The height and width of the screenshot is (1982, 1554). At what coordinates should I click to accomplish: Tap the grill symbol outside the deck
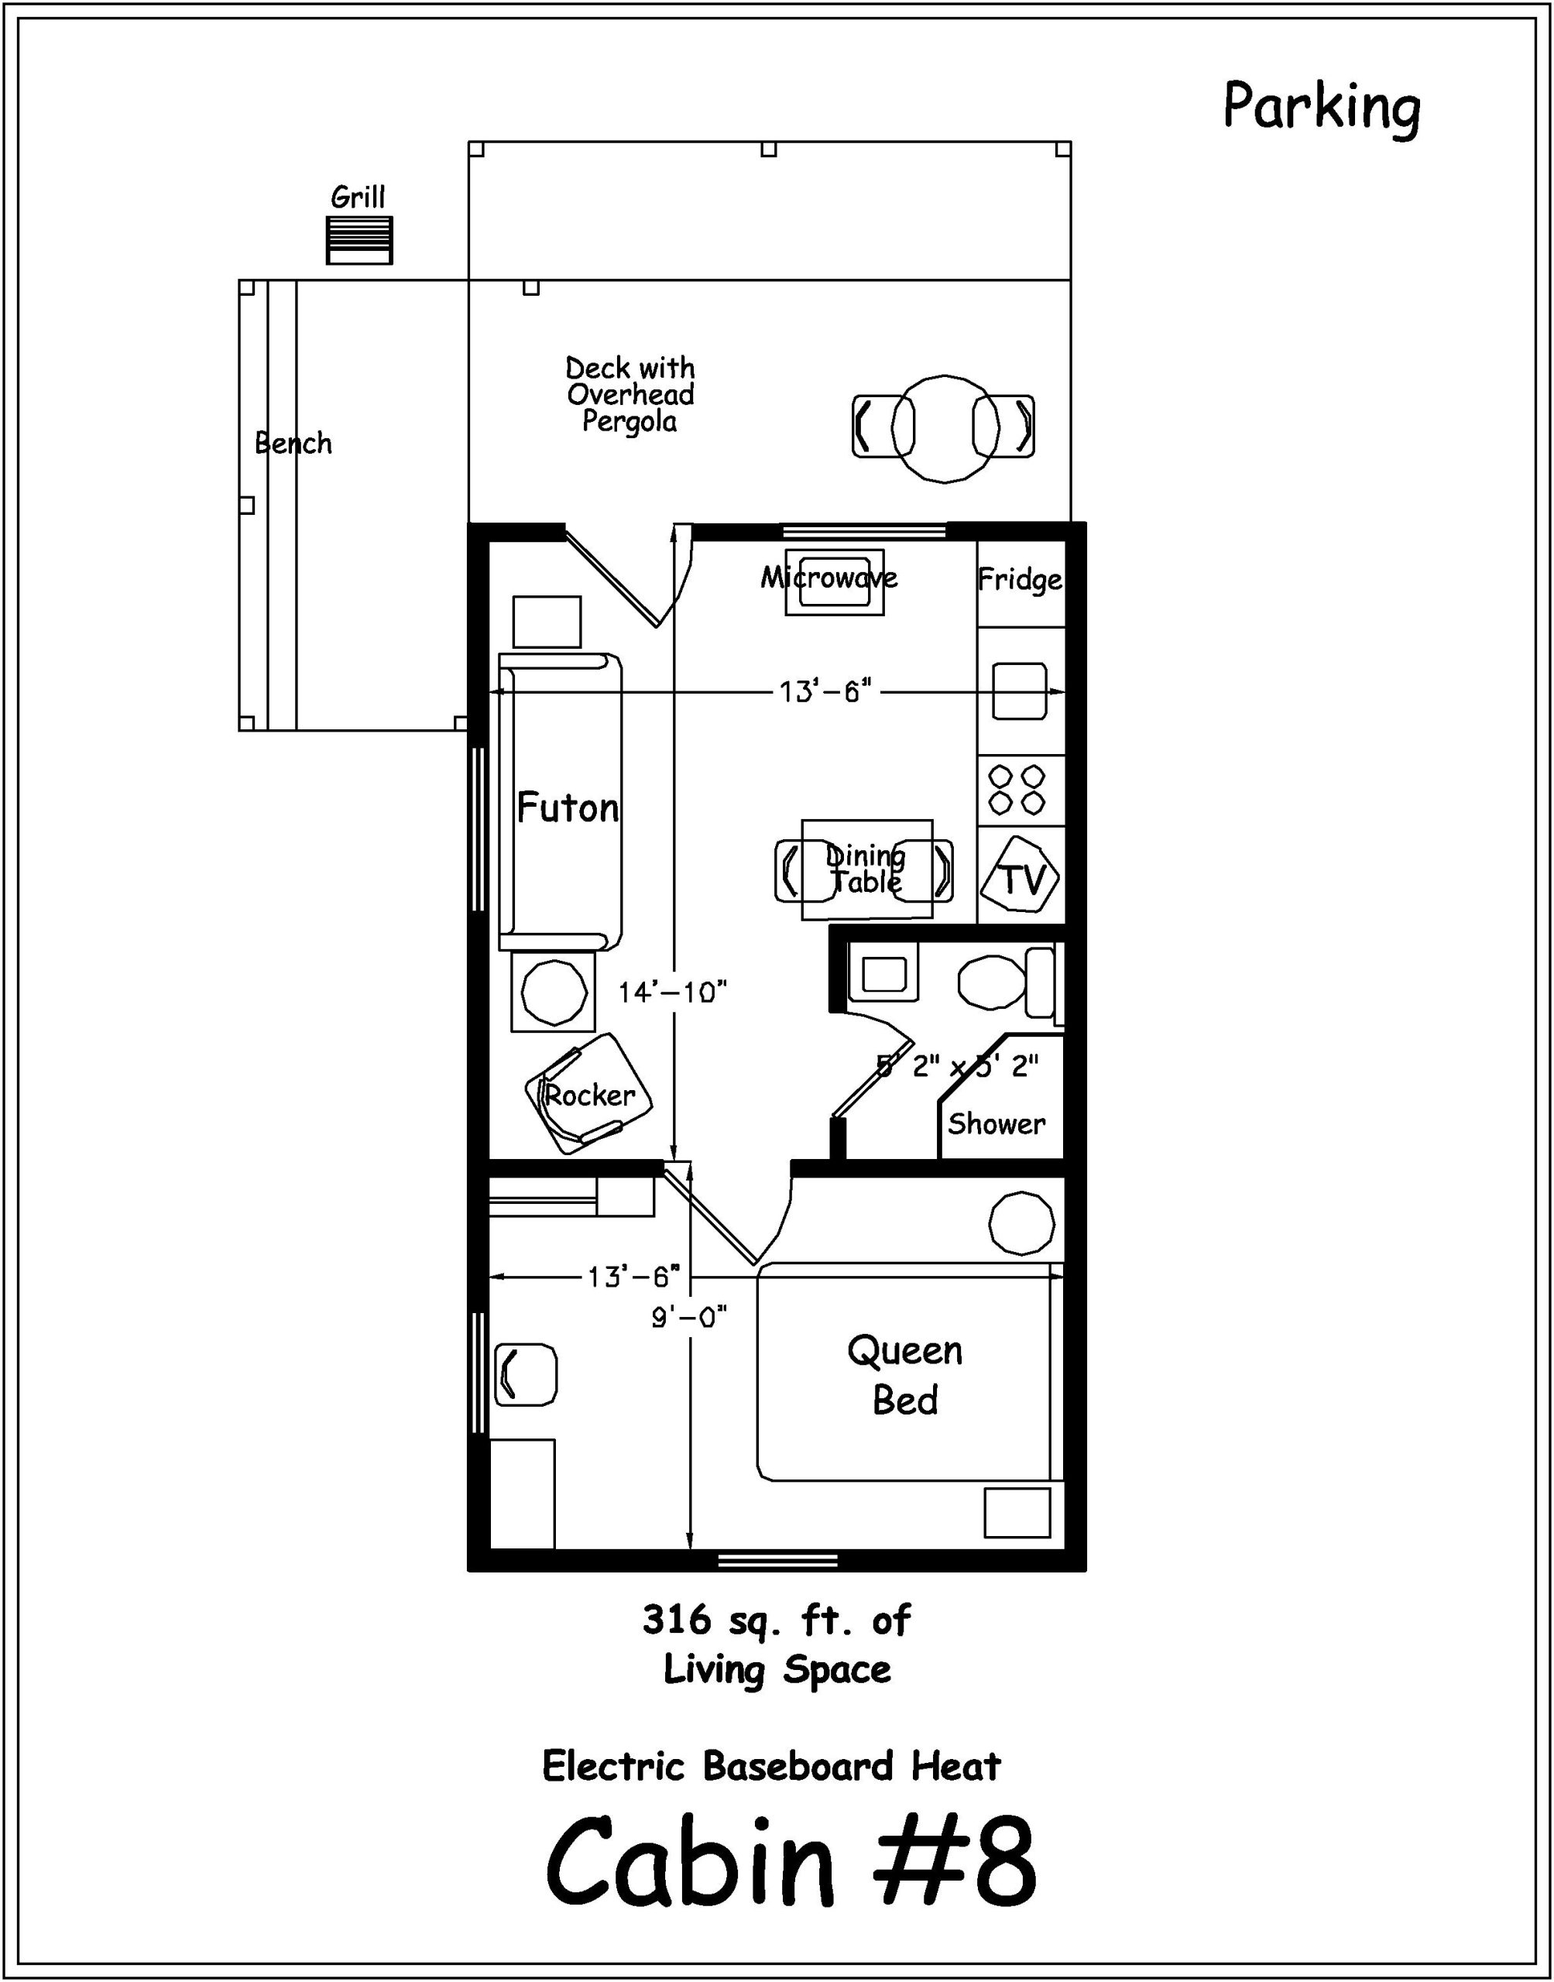click(359, 240)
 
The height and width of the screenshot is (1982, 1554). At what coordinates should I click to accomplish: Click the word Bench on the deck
click(293, 444)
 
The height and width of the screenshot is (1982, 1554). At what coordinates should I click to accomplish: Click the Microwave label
click(828, 578)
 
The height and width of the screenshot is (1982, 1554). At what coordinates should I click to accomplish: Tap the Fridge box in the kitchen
click(1020, 581)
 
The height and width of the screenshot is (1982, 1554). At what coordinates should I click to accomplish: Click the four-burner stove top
click(1017, 790)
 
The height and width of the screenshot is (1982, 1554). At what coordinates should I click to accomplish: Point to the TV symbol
click(1023, 879)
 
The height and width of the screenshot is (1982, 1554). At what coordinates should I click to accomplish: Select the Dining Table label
click(865, 869)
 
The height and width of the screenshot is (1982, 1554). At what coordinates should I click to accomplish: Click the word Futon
click(568, 808)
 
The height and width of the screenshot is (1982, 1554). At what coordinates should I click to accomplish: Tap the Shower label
click(997, 1124)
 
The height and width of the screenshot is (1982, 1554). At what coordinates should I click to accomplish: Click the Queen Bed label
click(904, 1374)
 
